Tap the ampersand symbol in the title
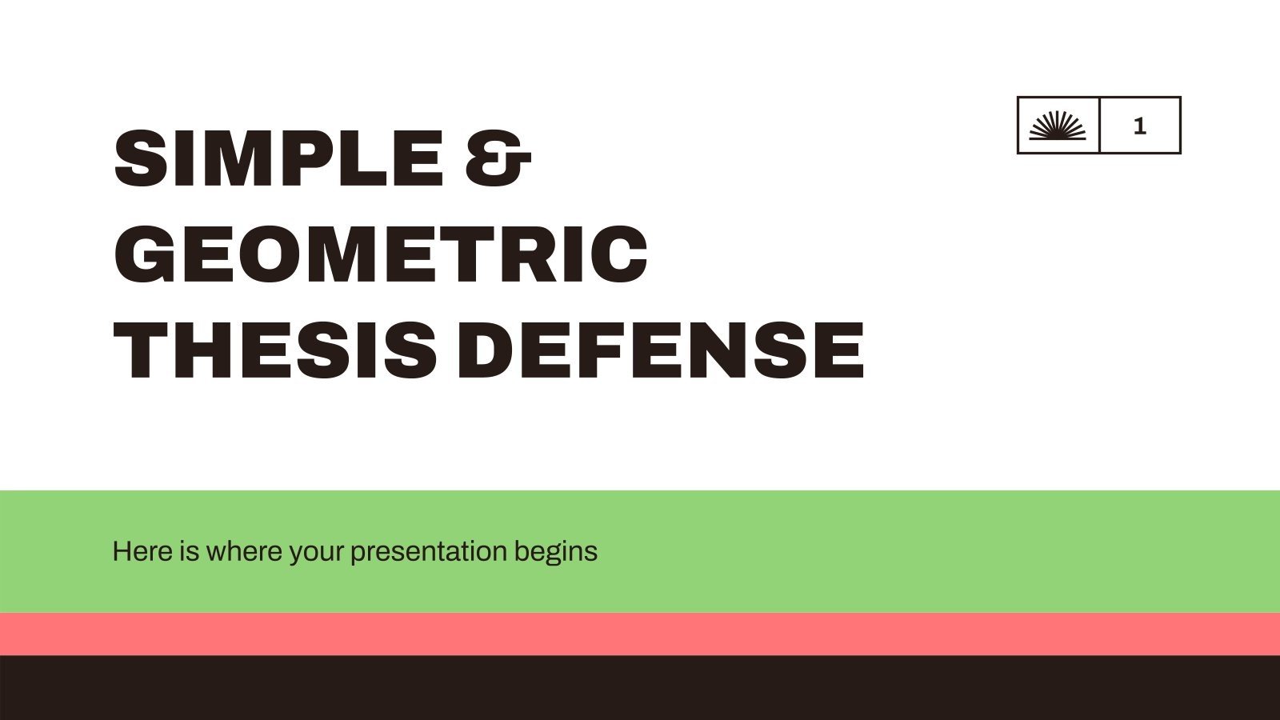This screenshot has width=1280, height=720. pos(498,158)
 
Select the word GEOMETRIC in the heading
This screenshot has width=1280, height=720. pos(381,254)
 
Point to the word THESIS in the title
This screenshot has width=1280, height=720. pos(275,350)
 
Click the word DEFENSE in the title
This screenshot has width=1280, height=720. pos(661,350)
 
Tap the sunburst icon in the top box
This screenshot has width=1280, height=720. pos(1058,126)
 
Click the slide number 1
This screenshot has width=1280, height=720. pos(1140,126)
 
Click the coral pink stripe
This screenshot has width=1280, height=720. pos(640,634)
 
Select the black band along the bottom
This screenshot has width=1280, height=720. pos(640,688)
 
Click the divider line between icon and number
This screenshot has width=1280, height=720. pos(1100,126)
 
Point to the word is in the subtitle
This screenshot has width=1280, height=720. pos(189,551)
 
